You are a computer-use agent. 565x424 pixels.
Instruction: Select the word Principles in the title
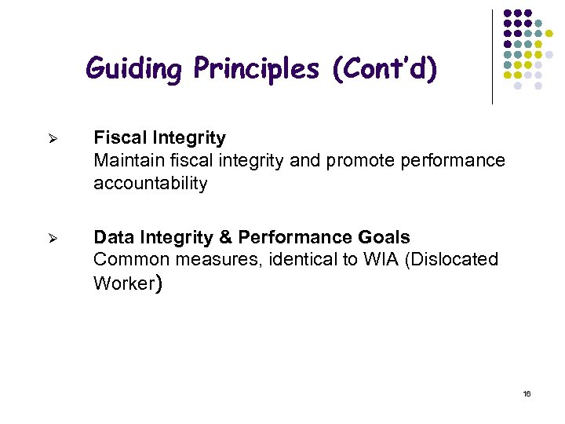257,69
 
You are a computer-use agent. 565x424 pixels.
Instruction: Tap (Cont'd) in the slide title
385,69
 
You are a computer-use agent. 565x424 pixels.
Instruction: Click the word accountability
151,184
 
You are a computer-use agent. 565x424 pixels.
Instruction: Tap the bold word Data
113,237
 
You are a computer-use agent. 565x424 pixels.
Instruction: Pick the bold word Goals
384,237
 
